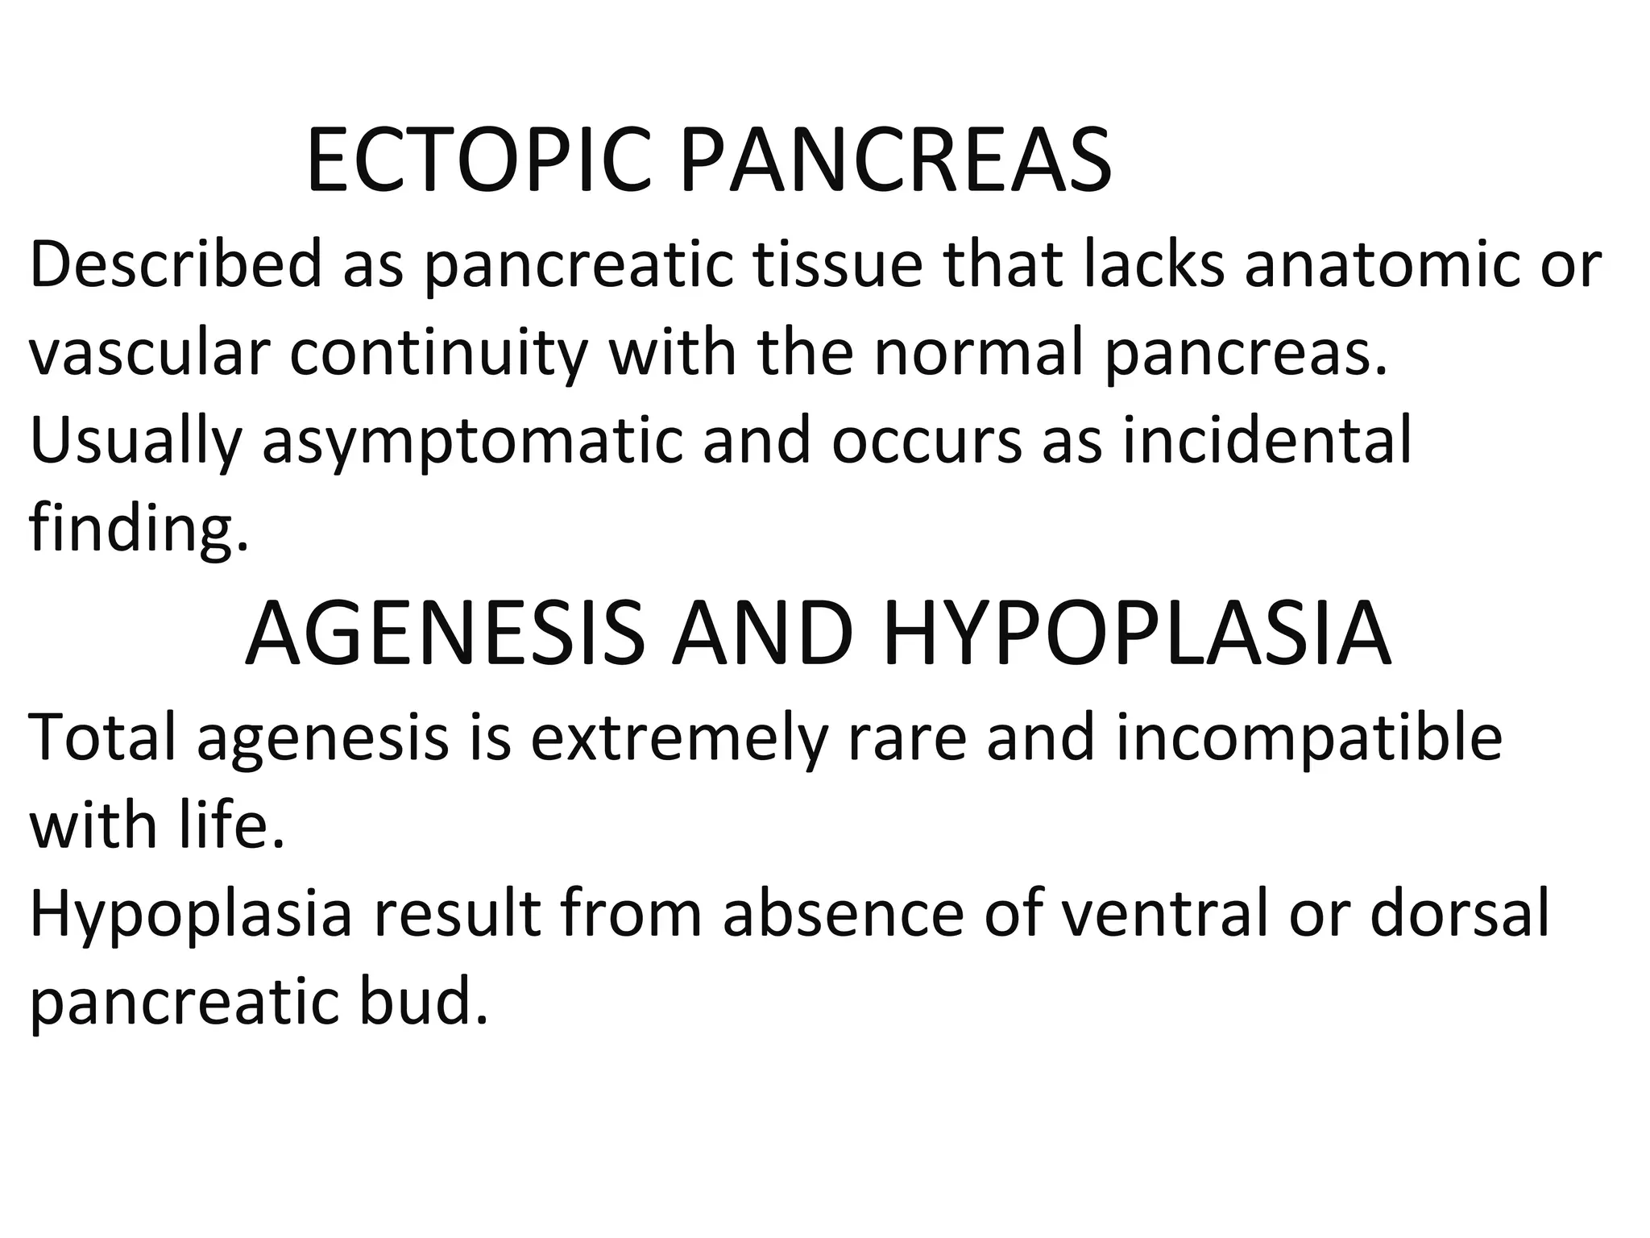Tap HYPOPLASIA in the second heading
(x=1137, y=634)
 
